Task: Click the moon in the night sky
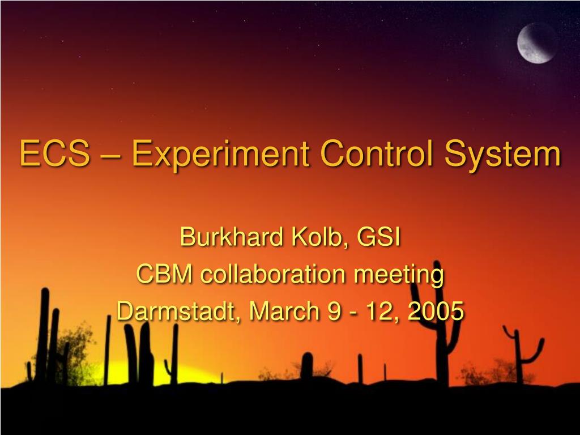pos(537,43)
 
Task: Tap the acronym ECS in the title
pos(55,153)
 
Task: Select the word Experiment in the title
pos(221,155)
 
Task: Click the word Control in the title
pos(377,152)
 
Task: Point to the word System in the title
pos(503,155)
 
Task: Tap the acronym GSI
pos(378,237)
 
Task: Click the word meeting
pos(399,276)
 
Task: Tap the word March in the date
pos(284,311)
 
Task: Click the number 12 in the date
pos(382,312)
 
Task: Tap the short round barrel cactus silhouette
pos(306,366)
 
